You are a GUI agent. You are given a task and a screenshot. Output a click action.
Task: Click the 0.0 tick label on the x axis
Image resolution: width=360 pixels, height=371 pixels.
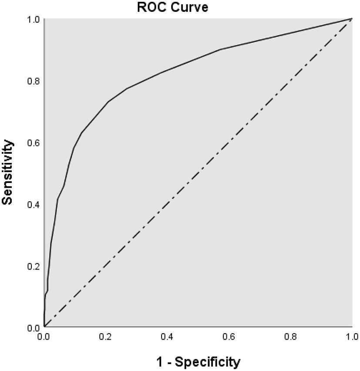coord(44,337)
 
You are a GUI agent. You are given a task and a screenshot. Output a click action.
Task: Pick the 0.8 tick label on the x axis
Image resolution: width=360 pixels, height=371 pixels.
coord(290,337)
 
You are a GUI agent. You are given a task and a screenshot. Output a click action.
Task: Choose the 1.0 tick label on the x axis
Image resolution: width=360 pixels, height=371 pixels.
coord(352,337)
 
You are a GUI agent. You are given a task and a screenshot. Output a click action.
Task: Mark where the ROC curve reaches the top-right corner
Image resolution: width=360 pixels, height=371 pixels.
coord(352,19)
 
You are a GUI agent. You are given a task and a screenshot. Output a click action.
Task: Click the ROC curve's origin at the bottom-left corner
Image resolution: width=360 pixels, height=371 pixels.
coord(44,326)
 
